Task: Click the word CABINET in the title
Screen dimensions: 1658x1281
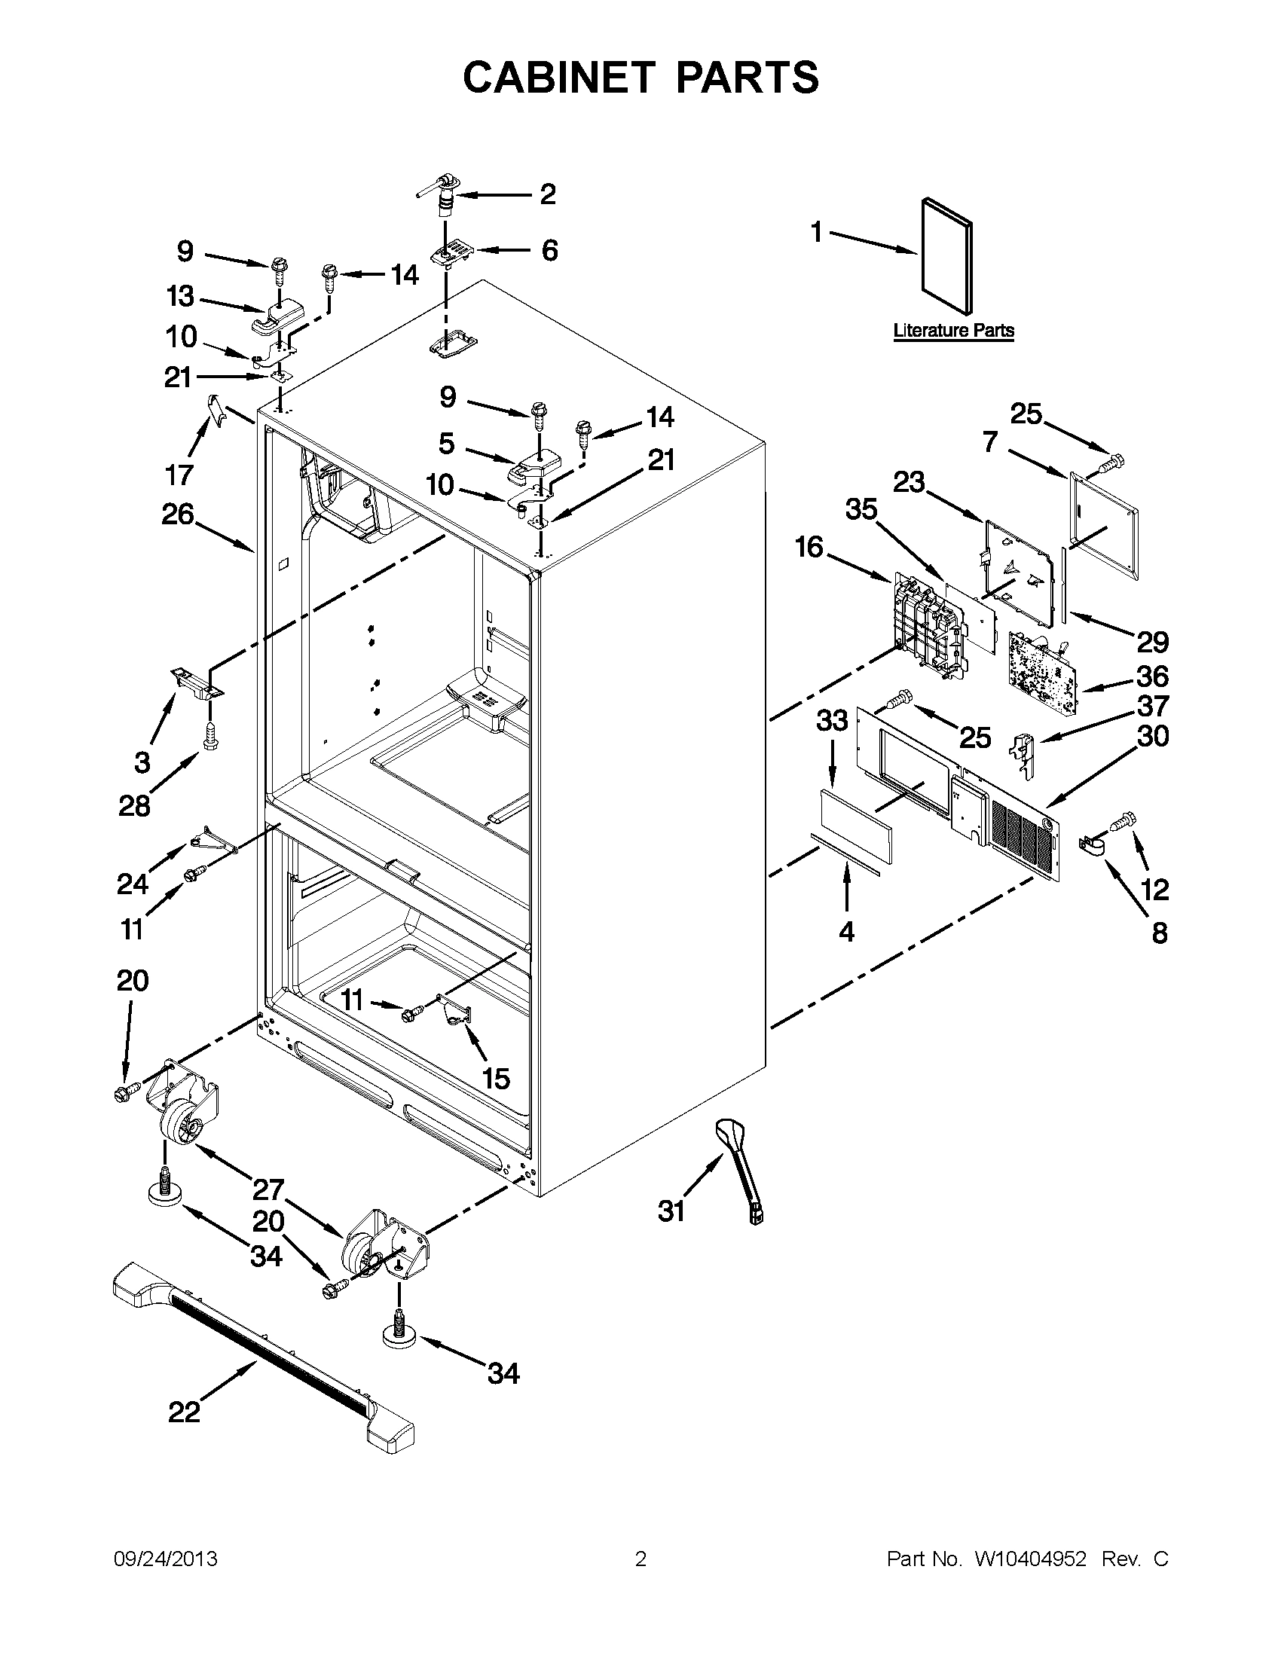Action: [558, 78]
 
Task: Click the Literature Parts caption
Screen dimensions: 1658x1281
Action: [953, 330]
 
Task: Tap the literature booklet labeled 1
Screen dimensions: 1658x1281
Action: [946, 257]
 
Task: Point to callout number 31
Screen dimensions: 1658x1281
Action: [671, 1211]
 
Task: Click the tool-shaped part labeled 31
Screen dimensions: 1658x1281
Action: [737, 1168]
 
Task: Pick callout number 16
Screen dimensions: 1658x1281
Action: [809, 547]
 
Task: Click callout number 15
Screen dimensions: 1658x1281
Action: [496, 1079]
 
